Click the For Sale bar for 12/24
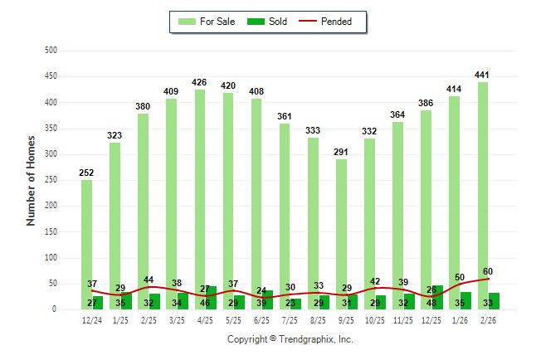(x=86, y=241)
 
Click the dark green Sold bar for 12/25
(x=437, y=298)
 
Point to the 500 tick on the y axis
(x=51, y=51)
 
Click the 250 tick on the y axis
(x=51, y=180)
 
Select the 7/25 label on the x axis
(x=290, y=320)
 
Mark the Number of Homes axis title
(x=31, y=180)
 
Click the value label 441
(x=482, y=75)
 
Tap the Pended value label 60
(x=488, y=271)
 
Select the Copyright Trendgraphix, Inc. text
(x=290, y=339)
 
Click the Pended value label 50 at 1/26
(x=460, y=277)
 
